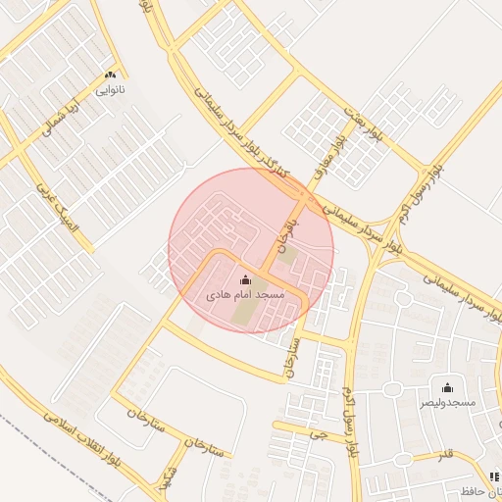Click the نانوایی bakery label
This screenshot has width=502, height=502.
click(110, 89)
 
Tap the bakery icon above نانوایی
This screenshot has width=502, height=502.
click(110, 75)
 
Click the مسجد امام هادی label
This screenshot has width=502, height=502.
click(245, 294)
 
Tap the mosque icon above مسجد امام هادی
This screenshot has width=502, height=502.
click(245, 280)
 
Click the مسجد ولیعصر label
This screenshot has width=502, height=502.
click(448, 402)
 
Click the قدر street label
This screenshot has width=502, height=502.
click(445, 455)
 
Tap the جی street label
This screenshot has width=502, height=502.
click(315, 432)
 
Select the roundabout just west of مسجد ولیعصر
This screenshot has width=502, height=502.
click(392, 389)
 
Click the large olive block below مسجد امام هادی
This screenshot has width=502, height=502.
click(242, 313)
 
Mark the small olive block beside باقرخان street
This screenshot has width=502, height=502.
click(289, 256)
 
